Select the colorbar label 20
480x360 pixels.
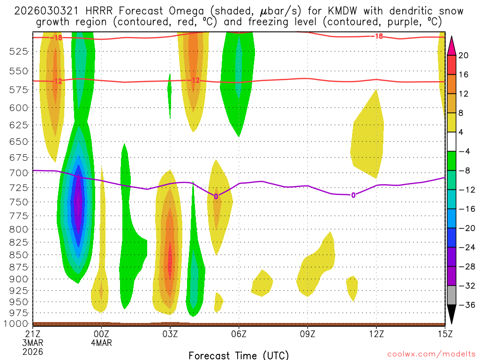pos(464,55)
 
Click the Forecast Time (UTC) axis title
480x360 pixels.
pos(239,355)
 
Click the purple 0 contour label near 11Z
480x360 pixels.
pos(353,195)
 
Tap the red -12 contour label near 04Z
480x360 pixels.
pos(195,80)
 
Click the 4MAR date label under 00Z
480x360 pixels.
pos(102,342)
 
